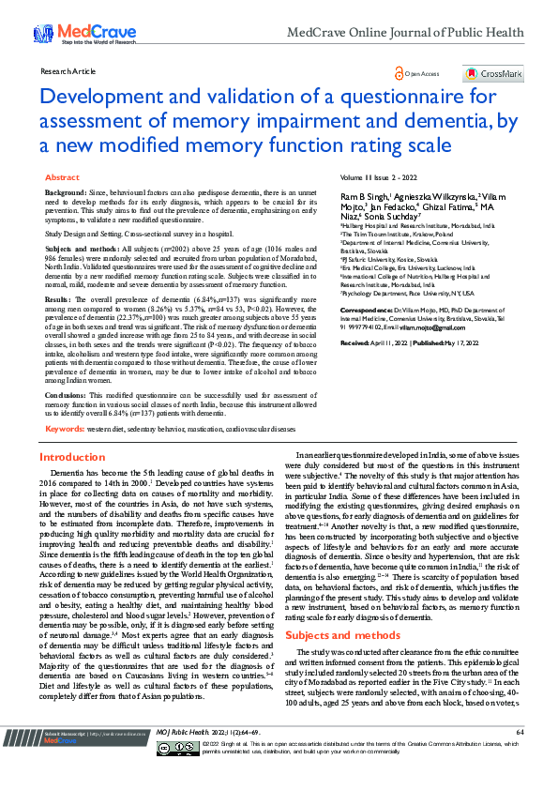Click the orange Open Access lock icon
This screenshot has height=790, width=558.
tap(400, 72)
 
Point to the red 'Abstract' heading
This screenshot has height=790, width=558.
tap(62, 177)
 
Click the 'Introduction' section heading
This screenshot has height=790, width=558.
tap(71, 457)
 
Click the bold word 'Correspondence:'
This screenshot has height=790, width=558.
tap(365, 309)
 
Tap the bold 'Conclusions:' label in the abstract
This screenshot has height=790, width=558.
tap(67, 395)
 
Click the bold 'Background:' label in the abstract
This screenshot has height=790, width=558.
tap(66, 191)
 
